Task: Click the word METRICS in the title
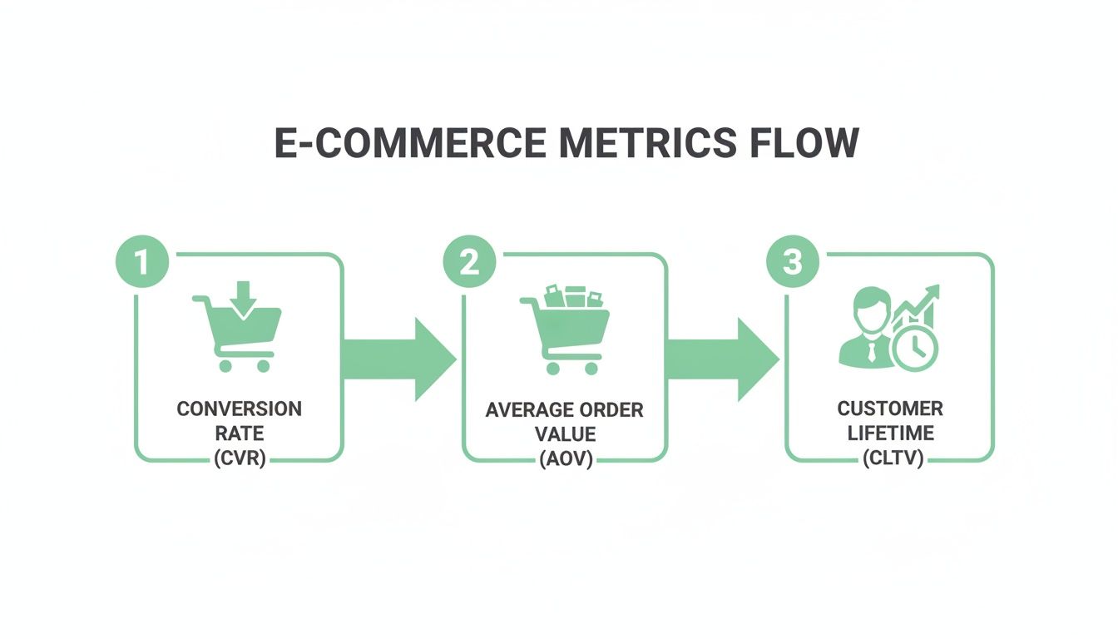tap(648, 143)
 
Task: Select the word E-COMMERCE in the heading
tap(410, 143)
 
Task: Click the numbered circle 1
tap(142, 263)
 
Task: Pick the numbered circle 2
tap(469, 263)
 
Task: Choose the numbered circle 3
tap(793, 263)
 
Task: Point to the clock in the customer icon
tap(913, 348)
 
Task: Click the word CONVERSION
tap(239, 409)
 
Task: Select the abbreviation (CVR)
tap(239, 458)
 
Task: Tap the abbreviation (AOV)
tap(565, 458)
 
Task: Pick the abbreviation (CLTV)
tap(890, 458)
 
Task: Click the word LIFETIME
tap(890, 433)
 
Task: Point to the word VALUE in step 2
tap(565, 434)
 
